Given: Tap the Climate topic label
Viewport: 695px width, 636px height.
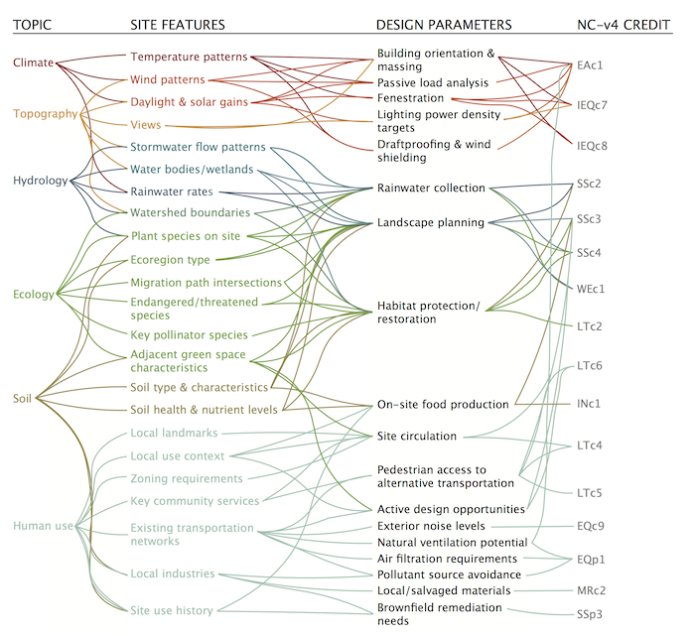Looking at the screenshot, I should point(34,64).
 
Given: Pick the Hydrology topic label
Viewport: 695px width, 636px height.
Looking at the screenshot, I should point(40,181).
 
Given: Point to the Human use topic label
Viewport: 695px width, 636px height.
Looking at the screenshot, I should point(43,525).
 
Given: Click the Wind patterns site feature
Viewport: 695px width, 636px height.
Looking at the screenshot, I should point(167,79).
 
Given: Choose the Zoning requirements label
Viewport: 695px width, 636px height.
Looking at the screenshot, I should point(187,478).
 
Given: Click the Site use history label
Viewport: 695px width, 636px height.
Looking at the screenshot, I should point(172,611).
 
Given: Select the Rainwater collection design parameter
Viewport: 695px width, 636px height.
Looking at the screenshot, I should point(431,188).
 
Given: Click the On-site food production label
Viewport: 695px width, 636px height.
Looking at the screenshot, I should point(443,405).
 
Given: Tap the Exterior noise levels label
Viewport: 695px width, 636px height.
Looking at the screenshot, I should point(431,526).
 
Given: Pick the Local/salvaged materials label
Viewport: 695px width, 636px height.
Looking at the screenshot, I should point(444,590).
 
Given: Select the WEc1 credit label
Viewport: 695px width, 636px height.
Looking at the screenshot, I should point(593,289).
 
